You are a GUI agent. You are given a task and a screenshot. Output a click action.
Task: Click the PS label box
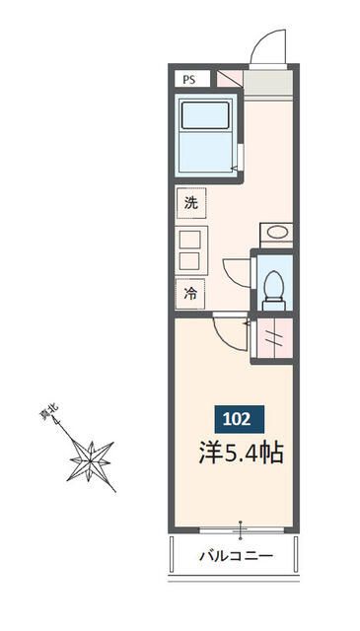coord(187,80)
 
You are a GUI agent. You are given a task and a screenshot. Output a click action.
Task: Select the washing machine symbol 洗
coord(190,203)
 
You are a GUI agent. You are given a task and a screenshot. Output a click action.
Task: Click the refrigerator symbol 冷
coord(190,293)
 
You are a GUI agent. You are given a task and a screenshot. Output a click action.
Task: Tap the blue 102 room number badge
coord(236,418)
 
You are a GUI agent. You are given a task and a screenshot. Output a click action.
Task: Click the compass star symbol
coord(94,459)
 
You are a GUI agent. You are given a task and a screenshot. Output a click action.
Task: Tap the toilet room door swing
coord(238,271)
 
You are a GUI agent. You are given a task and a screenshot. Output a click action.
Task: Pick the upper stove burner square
coord(190,239)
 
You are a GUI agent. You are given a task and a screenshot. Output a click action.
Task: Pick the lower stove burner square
coord(190,261)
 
